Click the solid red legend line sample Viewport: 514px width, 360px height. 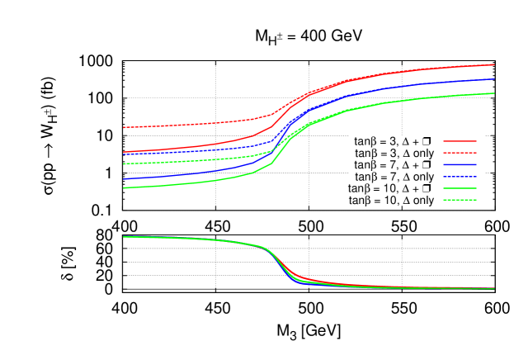tap(460, 141)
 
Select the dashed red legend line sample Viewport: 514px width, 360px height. tap(460, 153)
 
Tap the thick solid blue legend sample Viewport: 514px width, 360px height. tap(460, 165)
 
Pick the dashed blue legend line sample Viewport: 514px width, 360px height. tap(460, 177)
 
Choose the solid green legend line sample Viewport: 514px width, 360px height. tap(460, 188)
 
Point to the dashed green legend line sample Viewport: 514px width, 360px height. tap(460, 200)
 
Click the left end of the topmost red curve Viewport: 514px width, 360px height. tap(124, 127)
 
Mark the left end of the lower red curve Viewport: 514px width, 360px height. tap(124, 152)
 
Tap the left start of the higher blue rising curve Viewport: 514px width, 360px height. tap(124, 154)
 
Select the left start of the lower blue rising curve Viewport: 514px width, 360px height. tap(124, 178)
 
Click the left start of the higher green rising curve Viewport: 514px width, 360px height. tap(124, 163)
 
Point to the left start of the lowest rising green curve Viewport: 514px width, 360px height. tap(124, 187)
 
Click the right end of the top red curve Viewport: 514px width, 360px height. tap(493, 64)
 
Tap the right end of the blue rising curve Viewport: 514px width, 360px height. tap(493, 79)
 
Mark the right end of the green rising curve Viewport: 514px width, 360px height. tap(493, 93)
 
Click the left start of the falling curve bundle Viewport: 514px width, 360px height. tap(124, 237)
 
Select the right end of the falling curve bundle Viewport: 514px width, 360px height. tap(493, 288)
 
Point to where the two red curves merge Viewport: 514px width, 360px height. tap(310, 92)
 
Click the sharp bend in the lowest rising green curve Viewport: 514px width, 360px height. tap(272, 163)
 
